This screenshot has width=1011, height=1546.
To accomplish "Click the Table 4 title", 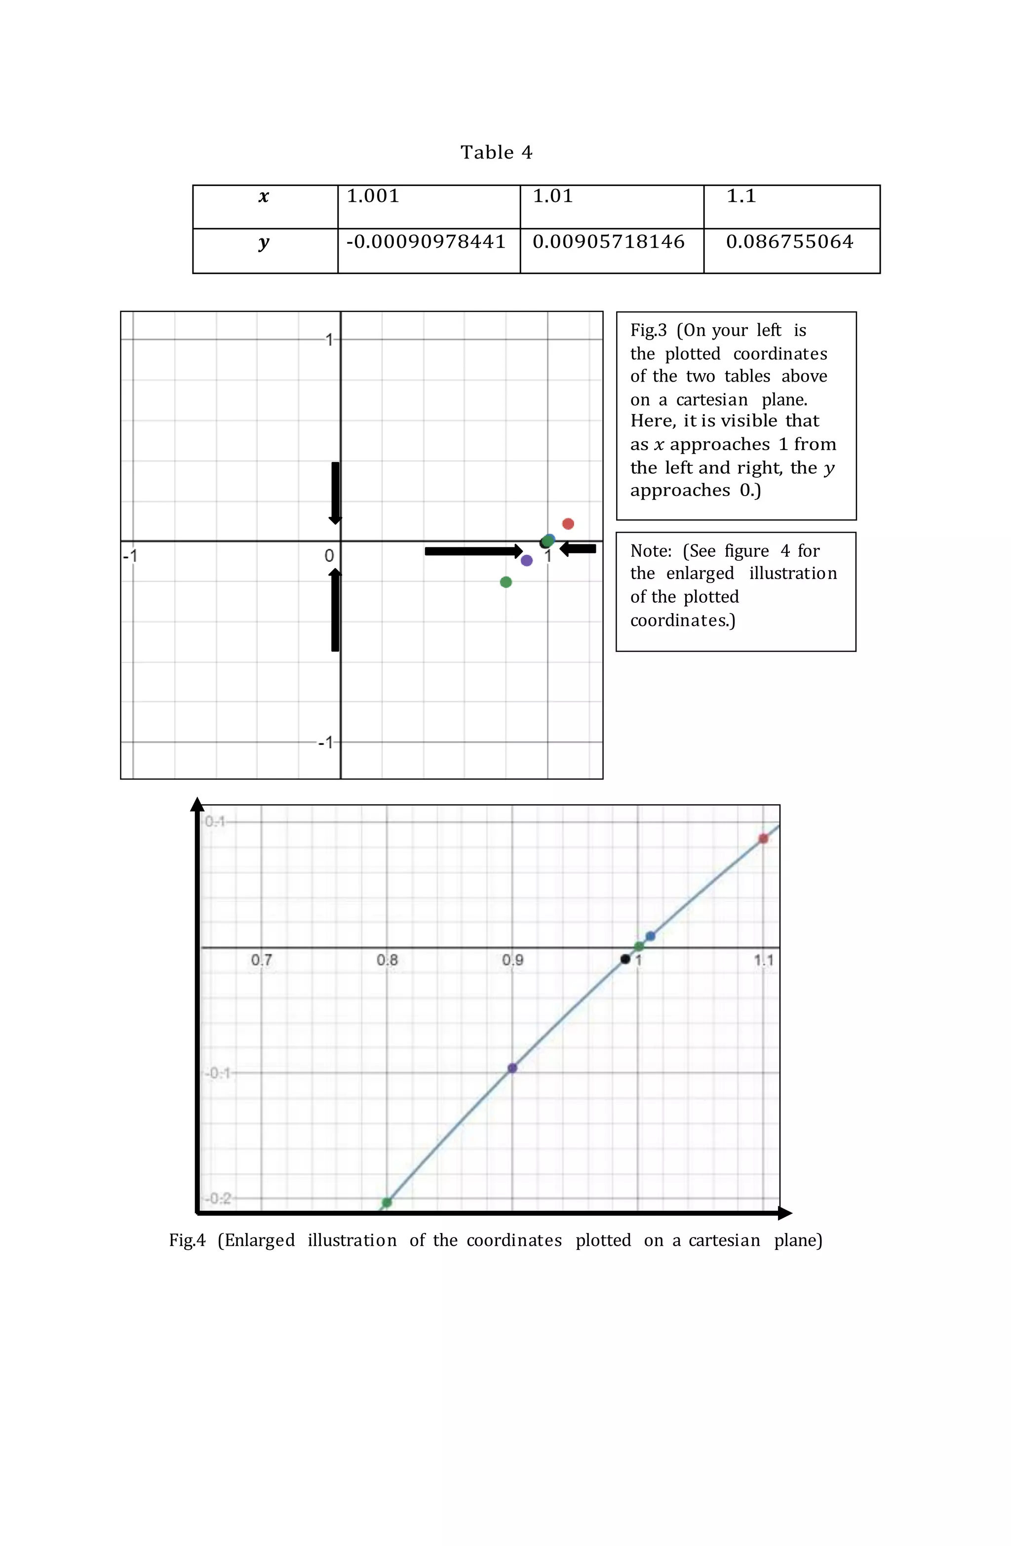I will [x=497, y=153].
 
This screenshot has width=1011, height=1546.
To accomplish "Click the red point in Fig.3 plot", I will [x=568, y=524].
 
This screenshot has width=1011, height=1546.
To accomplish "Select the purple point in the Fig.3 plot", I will [x=526, y=560].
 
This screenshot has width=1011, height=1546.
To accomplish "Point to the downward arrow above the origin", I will [x=335, y=493].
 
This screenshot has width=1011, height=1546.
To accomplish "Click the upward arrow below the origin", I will [x=335, y=609].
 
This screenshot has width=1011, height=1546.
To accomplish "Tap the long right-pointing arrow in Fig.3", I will [x=473, y=551].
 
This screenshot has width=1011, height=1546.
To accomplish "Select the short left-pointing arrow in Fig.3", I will [x=578, y=549].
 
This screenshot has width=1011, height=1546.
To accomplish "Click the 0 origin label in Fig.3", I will [x=329, y=556].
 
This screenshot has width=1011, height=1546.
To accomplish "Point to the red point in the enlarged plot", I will [x=764, y=839].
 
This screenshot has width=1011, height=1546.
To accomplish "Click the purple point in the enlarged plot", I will [x=512, y=1068].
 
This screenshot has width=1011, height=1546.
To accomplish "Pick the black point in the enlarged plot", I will [x=625, y=959].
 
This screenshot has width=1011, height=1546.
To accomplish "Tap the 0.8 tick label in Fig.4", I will [x=387, y=960].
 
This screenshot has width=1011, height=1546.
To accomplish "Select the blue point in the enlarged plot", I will [x=651, y=936].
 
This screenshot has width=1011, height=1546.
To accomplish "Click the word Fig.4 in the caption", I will [x=187, y=1240].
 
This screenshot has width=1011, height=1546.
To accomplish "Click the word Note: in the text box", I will [x=651, y=551].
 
